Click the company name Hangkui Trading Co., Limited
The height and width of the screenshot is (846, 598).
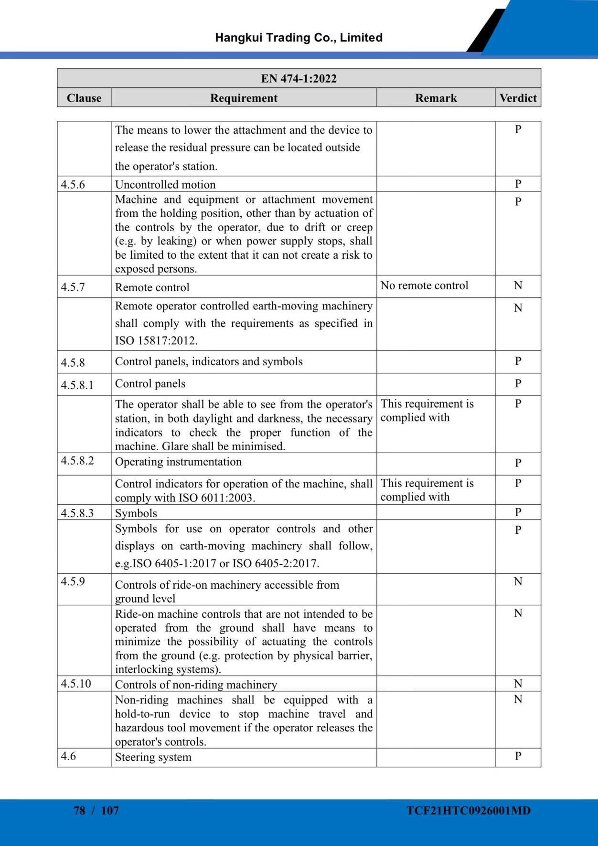[x=299, y=38]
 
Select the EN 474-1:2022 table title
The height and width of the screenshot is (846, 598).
[x=299, y=78]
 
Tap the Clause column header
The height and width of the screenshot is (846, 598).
[x=84, y=98]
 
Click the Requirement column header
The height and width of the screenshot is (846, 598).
[x=244, y=98]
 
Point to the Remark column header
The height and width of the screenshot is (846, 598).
[x=436, y=98]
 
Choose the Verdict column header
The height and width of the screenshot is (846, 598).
[x=518, y=98]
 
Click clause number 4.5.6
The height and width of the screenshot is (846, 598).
[x=73, y=185]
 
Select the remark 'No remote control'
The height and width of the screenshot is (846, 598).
[x=424, y=286]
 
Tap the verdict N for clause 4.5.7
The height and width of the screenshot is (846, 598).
[x=518, y=286]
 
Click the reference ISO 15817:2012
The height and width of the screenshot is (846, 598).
[x=156, y=341]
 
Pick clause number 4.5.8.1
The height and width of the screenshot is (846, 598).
[x=77, y=385]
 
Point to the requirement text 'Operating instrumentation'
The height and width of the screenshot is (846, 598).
[x=178, y=462]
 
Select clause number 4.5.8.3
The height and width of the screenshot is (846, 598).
[x=77, y=513]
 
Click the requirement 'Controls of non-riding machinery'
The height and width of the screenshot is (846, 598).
[x=196, y=685]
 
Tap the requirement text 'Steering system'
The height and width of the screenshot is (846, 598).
[x=153, y=757]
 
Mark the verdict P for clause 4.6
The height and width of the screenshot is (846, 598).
[x=518, y=756]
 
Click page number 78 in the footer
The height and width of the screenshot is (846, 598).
[x=79, y=811]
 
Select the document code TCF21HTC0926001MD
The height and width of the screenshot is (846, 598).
[x=468, y=811]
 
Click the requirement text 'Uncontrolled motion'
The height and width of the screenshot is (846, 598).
[x=165, y=185]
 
